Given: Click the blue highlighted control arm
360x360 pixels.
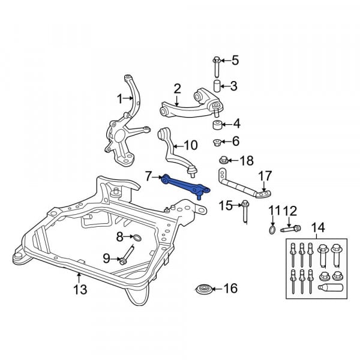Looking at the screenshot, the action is tap(184, 185).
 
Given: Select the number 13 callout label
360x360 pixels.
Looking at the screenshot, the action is tap(80, 290).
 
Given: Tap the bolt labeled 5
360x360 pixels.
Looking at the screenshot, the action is tap(217, 67).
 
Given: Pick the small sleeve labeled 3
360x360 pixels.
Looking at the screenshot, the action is tap(217, 86).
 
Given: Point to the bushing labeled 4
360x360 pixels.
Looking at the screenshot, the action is tap(217, 125).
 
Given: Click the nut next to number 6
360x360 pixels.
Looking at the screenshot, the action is tap(217, 142).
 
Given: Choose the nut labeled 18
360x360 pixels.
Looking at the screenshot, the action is tap(223, 160).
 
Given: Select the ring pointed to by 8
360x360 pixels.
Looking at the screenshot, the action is tap(137, 238).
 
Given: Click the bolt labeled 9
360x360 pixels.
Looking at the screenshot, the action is tap(127, 256).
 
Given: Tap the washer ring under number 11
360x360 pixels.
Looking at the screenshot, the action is tap(272, 230).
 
